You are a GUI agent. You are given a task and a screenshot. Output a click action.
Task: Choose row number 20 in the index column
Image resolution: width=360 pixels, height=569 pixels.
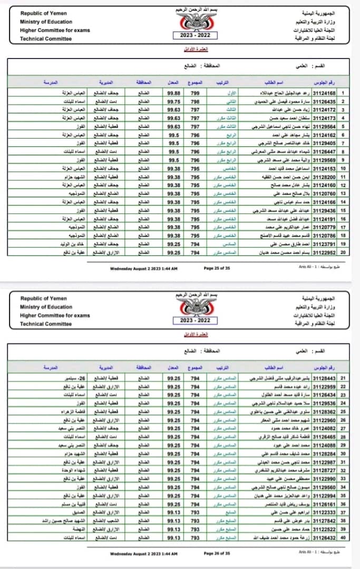click(x=343, y=253)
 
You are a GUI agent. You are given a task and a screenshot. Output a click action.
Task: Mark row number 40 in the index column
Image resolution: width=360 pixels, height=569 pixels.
click(x=343, y=537)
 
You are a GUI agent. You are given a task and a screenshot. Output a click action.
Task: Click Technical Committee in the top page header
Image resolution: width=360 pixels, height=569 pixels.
click(x=46, y=39)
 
